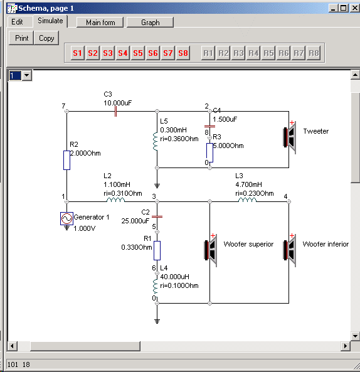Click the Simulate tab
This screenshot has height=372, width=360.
point(50,21)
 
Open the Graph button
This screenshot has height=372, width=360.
point(150,23)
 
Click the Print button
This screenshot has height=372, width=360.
point(21,38)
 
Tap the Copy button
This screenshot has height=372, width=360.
point(46,38)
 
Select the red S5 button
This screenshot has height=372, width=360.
point(138,53)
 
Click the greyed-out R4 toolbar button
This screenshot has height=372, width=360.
point(253,53)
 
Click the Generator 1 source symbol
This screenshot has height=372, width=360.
point(66,218)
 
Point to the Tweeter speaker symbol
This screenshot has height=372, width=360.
point(290,137)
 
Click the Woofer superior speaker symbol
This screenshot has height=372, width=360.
point(211,250)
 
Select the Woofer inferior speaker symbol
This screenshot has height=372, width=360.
point(290,250)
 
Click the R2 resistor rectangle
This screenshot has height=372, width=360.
point(66,160)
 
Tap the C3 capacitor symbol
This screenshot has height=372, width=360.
point(115,111)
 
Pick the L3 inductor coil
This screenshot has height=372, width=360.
point(247,199)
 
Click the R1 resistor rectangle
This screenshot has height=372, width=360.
point(157,250)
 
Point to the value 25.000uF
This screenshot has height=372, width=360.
point(135,221)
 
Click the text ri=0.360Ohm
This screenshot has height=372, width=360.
point(179,139)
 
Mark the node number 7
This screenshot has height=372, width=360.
point(63,106)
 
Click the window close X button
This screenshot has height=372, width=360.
point(355,8)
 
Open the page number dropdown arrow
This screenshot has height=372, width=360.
point(27,75)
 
